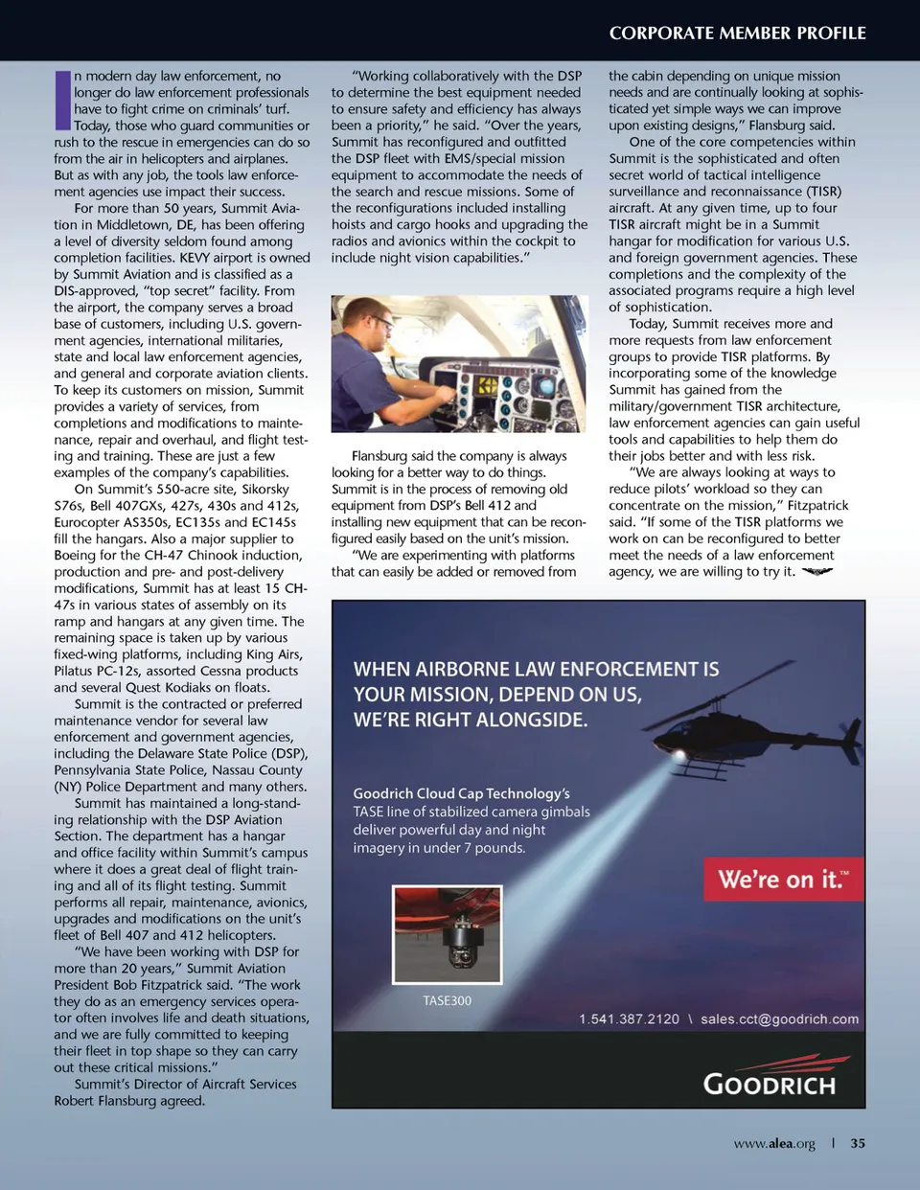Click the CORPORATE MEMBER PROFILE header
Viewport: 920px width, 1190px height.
[737, 33]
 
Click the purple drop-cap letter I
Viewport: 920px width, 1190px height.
[62, 100]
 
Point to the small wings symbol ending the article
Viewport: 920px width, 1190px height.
[816, 572]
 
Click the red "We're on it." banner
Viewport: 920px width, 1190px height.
[783, 879]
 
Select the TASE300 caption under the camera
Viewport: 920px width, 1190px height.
[447, 1000]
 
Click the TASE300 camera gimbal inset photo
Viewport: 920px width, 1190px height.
[447, 935]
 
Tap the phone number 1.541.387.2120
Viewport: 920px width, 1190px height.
[629, 1018]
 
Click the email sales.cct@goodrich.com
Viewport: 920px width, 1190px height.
[779, 1018]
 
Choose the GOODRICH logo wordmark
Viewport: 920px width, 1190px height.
[770, 1084]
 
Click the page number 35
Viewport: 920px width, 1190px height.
[858, 1143]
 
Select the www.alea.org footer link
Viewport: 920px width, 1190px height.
[774, 1143]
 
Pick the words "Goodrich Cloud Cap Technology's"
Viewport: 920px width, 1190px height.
[461, 793]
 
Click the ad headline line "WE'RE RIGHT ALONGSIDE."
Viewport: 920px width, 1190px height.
[471, 720]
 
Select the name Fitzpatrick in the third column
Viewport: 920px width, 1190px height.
[817, 505]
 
